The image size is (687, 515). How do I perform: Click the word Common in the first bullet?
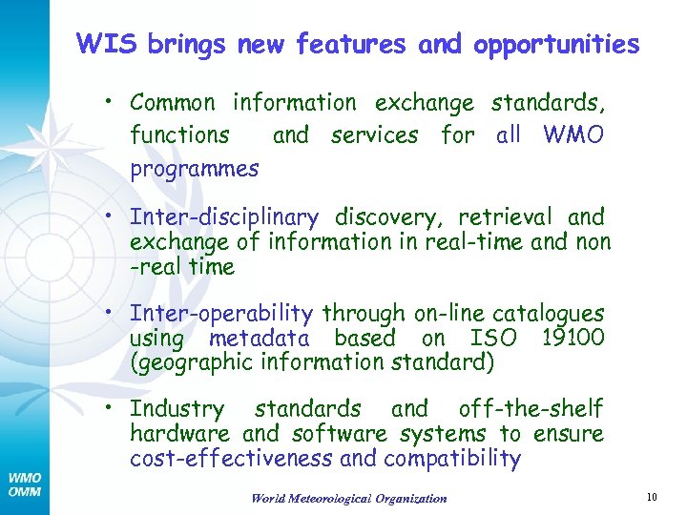pos(172,102)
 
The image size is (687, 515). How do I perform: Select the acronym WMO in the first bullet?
pos(572,135)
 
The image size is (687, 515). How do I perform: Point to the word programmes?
pos(194,170)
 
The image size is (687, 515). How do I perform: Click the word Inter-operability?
pos(221,314)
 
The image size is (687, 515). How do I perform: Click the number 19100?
pos(570,338)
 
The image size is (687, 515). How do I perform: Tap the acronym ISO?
pos(494,338)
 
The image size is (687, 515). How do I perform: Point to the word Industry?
pos(177,409)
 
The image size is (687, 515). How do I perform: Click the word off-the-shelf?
pos(531,409)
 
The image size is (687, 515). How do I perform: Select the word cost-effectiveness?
pos(232,459)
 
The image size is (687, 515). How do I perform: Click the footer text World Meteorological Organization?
pos(348,498)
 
